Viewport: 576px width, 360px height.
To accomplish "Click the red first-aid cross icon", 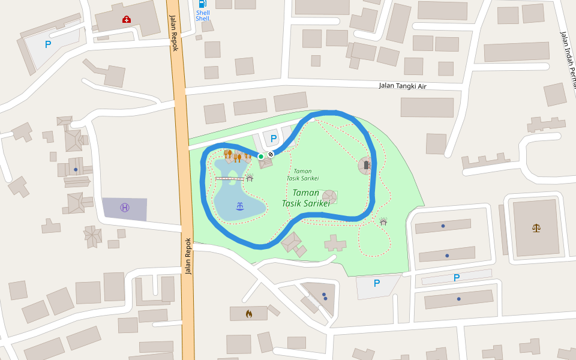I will tap(126, 20).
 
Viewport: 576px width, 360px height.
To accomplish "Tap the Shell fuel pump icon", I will tap(202, 4).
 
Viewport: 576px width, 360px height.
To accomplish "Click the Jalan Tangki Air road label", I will tap(402, 86).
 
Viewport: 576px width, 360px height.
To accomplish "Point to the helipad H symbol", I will tap(124, 208).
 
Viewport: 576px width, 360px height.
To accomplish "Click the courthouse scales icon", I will tap(536, 227).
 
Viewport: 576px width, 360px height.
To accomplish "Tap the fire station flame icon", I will tap(248, 313).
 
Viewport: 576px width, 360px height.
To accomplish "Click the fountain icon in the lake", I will tap(240, 206).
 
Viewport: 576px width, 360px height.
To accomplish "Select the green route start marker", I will tap(261, 157).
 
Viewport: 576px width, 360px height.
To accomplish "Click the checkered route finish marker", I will tap(271, 154).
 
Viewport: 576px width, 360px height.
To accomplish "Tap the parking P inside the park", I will tap(274, 139).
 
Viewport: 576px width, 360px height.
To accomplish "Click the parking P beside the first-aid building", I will tap(48, 44).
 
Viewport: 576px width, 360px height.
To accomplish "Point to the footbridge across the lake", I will tap(229, 179).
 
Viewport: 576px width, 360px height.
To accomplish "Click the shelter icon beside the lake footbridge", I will tap(250, 178).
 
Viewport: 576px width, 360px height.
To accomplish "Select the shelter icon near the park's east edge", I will tap(383, 222).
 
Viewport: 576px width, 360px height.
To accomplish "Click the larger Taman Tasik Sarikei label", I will tap(306, 198).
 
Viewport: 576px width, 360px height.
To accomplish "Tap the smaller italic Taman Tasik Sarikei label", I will tap(302, 175).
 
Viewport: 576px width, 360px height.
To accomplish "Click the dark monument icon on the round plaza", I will tap(367, 165).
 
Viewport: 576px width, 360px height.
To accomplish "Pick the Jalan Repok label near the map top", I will tap(173, 33).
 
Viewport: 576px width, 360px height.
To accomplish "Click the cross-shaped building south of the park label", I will tap(335, 243).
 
